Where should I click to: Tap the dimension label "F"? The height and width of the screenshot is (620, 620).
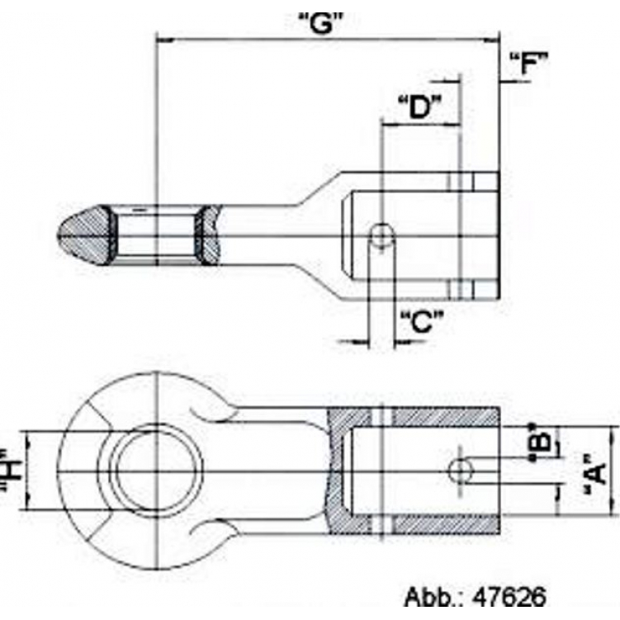point(529,63)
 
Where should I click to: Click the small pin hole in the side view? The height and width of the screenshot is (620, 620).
point(380,236)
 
